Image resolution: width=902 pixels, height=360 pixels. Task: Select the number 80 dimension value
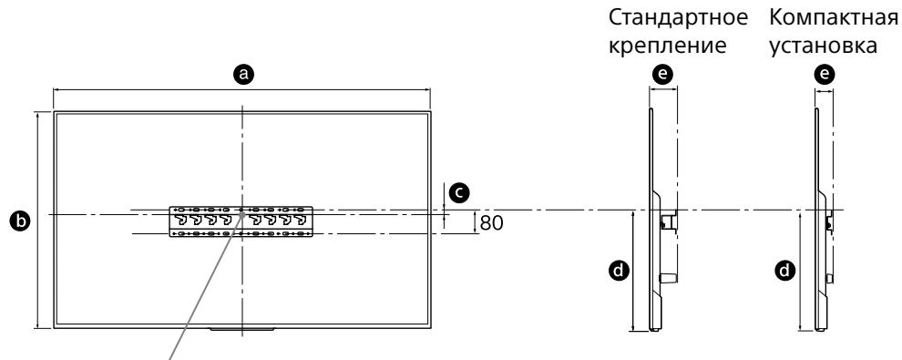point(491,221)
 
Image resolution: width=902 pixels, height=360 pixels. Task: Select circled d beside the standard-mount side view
point(620,270)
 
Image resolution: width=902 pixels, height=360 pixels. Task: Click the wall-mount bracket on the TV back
point(242,221)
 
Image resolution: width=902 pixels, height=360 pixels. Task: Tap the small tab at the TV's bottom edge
point(241,328)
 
